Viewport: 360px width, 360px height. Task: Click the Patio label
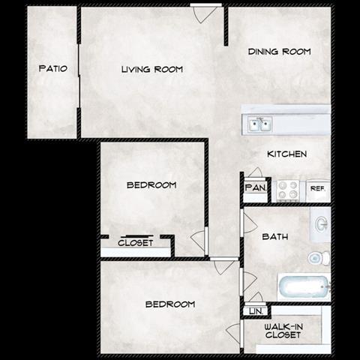point(52,69)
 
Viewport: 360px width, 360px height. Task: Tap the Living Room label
point(152,70)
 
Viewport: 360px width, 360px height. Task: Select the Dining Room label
point(279,52)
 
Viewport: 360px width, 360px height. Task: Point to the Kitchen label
point(286,154)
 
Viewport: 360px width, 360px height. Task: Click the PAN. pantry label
point(254,188)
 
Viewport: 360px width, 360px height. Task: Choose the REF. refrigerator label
point(317,189)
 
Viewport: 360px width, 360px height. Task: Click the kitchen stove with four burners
point(288,190)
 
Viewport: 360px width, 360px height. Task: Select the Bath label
point(274,238)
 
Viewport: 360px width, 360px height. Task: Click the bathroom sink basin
point(321,223)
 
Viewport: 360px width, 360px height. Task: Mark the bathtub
point(303,286)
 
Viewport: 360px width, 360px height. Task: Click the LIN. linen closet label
point(254,310)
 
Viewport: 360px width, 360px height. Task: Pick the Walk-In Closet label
point(283,330)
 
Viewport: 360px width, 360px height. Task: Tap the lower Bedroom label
point(170,304)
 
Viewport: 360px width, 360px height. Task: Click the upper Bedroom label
point(151,185)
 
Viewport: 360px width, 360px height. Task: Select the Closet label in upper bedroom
point(136,243)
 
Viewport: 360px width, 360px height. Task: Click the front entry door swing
point(200,13)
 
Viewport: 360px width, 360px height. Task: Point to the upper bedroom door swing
point(199,239)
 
